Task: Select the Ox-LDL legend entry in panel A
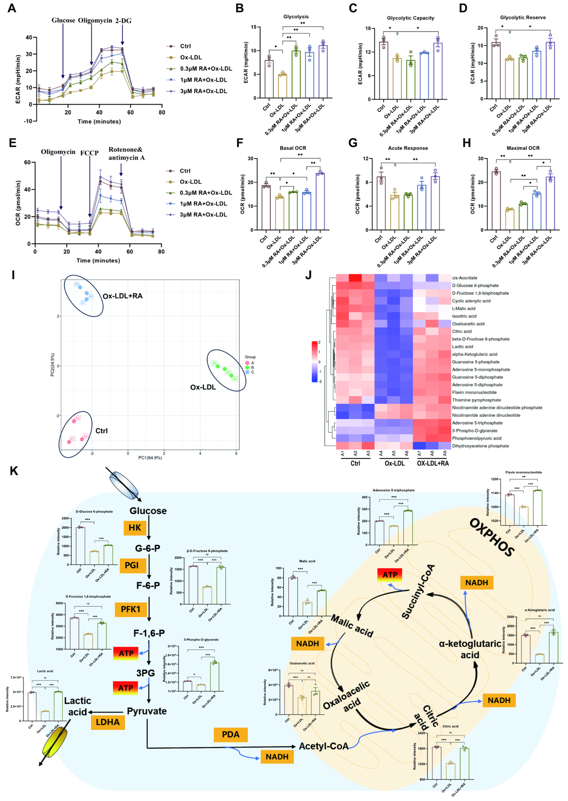pos(191,57)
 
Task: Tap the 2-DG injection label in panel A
pos(123,21)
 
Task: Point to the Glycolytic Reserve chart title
pos(523,17)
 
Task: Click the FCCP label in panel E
pos(90,153)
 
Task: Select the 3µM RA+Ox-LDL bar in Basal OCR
pos(320,201)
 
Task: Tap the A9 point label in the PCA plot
pos(77,284)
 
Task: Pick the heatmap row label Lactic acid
pos(462,346)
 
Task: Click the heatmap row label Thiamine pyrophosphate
pos(476,400)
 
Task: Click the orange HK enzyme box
pos(135,528)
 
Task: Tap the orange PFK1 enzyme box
pos(130,609)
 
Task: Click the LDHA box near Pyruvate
pos(108,722)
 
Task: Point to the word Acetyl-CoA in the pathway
pos(324,746)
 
